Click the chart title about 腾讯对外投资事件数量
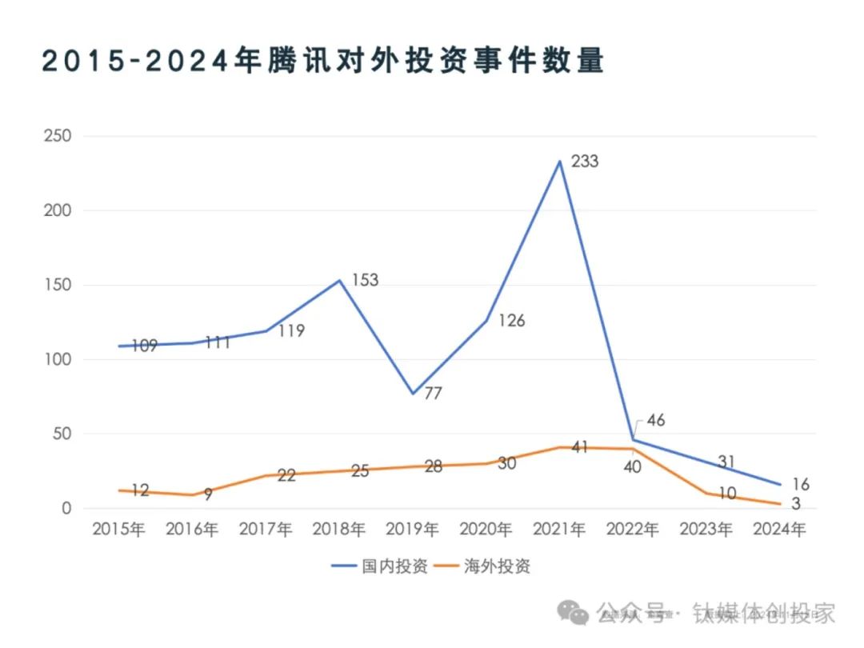tap(322, 62)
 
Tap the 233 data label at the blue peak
tap(584, 162)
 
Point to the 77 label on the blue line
tap(434, 394)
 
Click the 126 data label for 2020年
tap(510, 321)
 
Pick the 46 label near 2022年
tap(655, 421)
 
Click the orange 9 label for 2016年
tap(207, 494)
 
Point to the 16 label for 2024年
tap(801, 484)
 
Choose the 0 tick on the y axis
tap(66, 509)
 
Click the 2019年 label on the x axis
tap(412, 530)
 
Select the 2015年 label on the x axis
tap(118, 530)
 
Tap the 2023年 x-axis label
tap(706, 530)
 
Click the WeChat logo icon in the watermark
tap(574, 613)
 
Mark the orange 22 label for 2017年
tap(287, 475)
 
